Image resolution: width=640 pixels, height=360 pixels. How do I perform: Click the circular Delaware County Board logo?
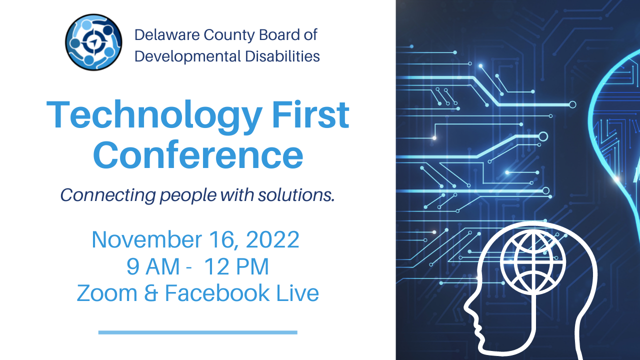coord(93,42)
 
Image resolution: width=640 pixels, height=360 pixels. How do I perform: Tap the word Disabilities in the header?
coord(282,56)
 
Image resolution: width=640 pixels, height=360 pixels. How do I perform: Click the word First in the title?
coord(310,114)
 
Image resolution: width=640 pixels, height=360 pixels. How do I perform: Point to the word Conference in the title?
coord(198,155)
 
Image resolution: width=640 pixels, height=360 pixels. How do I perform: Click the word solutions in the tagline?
coord(296,195)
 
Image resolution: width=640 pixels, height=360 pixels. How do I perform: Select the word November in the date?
coord(147,239)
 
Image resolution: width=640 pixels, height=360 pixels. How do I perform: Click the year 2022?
coord(272,239)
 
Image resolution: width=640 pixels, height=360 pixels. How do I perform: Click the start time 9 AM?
coord(153,266)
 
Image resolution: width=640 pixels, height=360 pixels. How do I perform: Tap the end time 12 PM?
coord(236,266)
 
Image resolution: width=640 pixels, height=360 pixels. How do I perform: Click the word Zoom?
coord(107,293)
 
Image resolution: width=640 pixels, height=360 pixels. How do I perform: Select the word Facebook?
coord(217,293)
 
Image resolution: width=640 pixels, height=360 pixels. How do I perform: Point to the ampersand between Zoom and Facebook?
coord(151,293)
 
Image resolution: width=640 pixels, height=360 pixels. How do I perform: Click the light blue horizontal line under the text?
coord(197,332)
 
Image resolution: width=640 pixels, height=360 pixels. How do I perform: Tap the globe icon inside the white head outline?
coord(532,263)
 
